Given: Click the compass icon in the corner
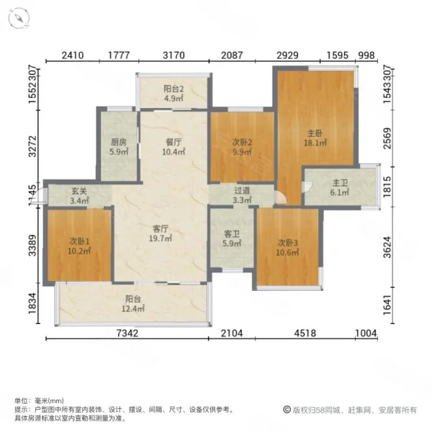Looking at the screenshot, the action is point(19,18).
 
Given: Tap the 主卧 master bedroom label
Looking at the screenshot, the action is point(315,133).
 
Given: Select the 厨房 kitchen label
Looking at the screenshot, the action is point(119,142).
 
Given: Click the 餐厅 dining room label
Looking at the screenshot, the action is point(174,142).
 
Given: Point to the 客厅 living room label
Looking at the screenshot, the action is point(161,229).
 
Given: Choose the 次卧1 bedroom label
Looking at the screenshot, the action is point(79,242).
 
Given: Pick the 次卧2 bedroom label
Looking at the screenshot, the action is point(242,143).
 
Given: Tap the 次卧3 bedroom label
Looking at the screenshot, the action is point(287,243).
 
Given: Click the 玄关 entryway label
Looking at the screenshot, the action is point(79,191).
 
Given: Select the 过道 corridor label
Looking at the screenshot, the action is point(242,190).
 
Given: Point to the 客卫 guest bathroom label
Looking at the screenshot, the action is point(232,234).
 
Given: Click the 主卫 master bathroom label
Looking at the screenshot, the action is point(340,183).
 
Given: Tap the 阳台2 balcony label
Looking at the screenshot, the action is point(174,89).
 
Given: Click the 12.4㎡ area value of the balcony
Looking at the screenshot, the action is point(133,309).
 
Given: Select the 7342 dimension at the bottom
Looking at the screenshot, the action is point(127,333).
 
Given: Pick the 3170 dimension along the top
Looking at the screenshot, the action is point(174,55).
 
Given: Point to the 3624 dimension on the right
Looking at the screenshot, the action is point(387,247).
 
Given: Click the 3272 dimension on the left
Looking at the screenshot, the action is point(32,146).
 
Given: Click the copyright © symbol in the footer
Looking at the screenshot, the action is point(287,410).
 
